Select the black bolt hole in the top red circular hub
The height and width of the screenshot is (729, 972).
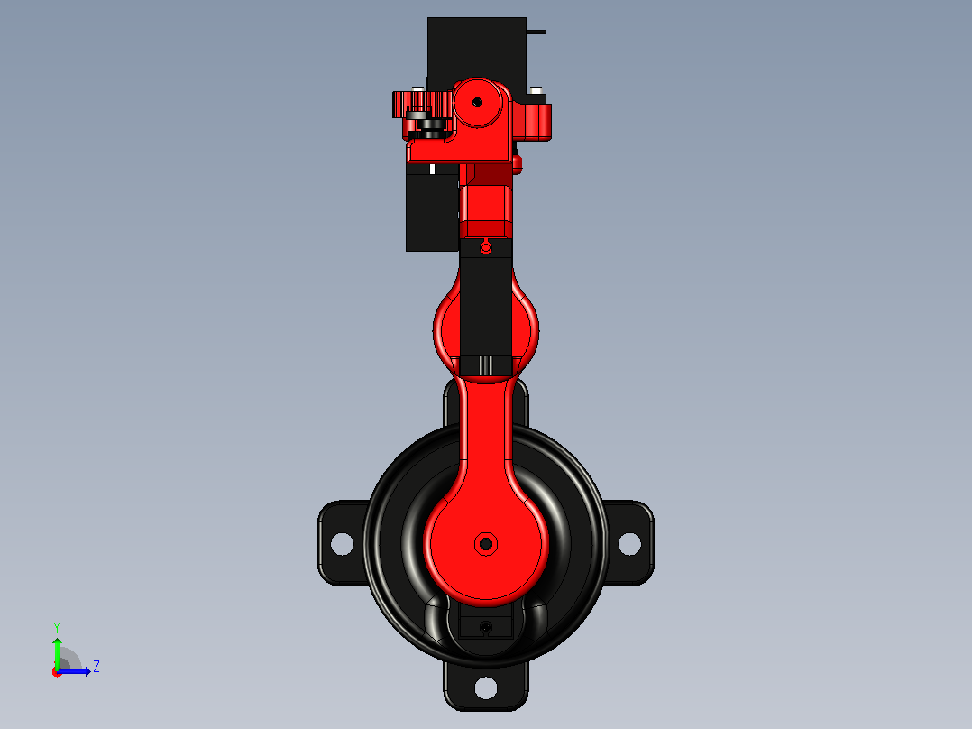[477, 102]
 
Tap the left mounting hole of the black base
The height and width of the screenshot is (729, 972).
[342, 544]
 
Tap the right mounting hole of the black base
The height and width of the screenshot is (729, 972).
[629, 544]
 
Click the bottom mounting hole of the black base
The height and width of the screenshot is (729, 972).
[485, 687]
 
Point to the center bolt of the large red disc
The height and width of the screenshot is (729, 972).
[486, 544]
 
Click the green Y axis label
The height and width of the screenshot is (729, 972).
[57, 627]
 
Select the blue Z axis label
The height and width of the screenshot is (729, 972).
[96, 667]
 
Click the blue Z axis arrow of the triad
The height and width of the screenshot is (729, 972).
[74, 671]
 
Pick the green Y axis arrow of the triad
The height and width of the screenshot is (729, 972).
[57, 654]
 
